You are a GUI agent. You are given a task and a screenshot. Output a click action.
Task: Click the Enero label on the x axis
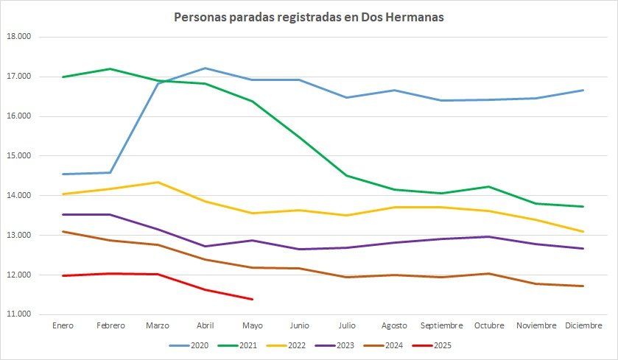pos(64,325)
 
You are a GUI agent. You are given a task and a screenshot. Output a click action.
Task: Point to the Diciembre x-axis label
pos(583,325)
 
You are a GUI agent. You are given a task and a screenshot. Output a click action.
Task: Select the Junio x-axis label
pos(300,325)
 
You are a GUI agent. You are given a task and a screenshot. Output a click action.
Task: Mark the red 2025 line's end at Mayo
pos(253,299)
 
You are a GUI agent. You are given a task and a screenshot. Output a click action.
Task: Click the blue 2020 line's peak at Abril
pos(206,68)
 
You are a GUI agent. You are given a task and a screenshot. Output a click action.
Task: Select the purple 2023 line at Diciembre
pos(583,248)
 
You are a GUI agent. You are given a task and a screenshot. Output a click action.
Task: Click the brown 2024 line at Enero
pos(64,232)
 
